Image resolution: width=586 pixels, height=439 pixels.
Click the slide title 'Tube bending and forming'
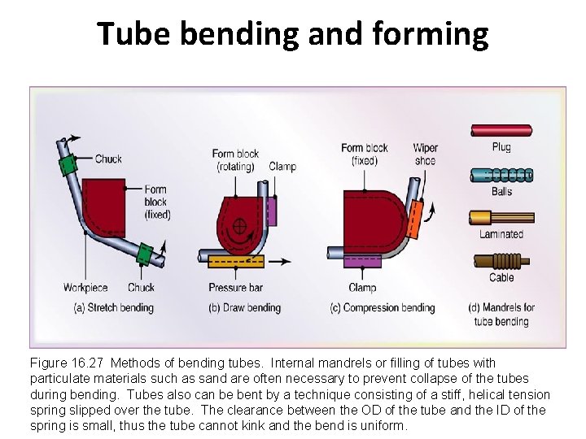[x=293, y=34]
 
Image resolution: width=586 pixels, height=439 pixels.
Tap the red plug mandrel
[x=501, y=130]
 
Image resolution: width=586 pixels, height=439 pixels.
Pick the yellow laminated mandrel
[x=501, y=217]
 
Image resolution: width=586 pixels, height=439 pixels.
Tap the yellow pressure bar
[x=235, y=262]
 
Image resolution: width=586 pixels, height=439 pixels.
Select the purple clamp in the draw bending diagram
[x=272, y=211]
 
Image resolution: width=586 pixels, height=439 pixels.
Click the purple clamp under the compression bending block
[x=362, y=261]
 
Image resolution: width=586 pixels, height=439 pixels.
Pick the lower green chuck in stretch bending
[x=145, y=254]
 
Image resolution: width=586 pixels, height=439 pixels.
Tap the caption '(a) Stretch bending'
[x=113, y=308]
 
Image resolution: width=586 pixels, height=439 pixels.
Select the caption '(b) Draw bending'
[x=245, y=308]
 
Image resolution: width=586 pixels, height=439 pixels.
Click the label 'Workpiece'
[x=85, y=288]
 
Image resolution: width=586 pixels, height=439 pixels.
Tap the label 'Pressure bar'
[x=234, y=288]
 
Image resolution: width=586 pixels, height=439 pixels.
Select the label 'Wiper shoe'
[x=425, y=154]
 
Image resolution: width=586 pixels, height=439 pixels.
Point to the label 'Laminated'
[x=501, y=234]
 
